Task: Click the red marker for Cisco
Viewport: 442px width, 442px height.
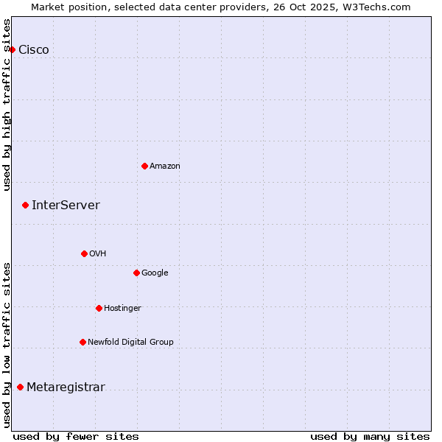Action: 13,49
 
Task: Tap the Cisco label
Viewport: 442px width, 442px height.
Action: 34,50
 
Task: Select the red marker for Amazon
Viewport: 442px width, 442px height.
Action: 144,166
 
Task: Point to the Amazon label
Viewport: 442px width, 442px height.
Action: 165,166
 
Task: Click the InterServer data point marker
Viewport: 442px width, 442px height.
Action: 25,205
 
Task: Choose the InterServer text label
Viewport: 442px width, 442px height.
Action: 66,206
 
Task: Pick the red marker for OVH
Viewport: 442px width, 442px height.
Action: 84,253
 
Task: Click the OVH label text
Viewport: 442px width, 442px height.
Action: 98,254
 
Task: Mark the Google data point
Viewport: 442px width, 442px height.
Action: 136,273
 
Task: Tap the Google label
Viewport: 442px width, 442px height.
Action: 155,273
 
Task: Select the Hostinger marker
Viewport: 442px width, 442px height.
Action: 99,308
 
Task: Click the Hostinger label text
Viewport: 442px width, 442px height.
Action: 122,309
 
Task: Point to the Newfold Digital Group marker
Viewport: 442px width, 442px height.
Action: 83,342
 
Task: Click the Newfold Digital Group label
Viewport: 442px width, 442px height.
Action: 130,343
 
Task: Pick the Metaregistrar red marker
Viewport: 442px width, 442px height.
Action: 20,387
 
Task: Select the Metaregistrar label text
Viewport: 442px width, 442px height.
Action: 66,387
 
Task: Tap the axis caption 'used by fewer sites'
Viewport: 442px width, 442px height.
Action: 76,436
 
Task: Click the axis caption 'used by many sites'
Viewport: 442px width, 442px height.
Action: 370,436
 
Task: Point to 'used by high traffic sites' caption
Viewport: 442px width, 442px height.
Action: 7,105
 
